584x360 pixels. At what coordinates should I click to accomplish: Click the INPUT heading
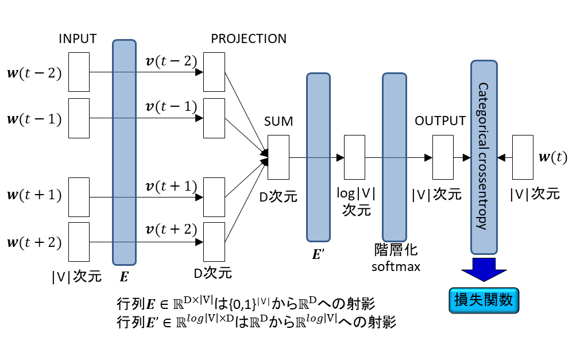[x=78, y=39]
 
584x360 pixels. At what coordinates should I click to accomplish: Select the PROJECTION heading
[x=249, y=39]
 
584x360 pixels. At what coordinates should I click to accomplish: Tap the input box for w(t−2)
[x=79, y=72]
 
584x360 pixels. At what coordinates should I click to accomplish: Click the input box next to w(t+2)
[x=79, y=241]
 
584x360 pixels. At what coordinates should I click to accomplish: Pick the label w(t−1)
[x=33, y=119]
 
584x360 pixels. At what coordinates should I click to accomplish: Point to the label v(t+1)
[x=171, y=186]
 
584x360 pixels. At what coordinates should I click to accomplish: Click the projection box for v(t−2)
[x=214, y=72]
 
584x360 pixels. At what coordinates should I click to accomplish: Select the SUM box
[x=279, y=157]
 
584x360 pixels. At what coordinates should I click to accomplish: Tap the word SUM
[x=279, y=121]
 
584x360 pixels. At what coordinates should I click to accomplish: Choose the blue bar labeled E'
[x=318, y=156]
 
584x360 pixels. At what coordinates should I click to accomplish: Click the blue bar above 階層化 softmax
[x=394, y=156]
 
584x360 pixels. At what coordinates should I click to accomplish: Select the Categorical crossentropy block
[x=484, y=156]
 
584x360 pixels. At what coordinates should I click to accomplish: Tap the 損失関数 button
[x=483, y=300]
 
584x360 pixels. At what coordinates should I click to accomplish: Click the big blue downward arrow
[x=483, y=268]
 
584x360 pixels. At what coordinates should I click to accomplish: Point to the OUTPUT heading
[x=440, y=121]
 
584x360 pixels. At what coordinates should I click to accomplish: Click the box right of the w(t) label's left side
[x=522, y=157]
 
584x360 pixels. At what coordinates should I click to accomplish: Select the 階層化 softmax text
[x=395, y=258]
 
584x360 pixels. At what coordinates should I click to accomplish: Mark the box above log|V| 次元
[x=354, y=157]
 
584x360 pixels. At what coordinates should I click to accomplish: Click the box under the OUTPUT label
[x=443, y=157]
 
